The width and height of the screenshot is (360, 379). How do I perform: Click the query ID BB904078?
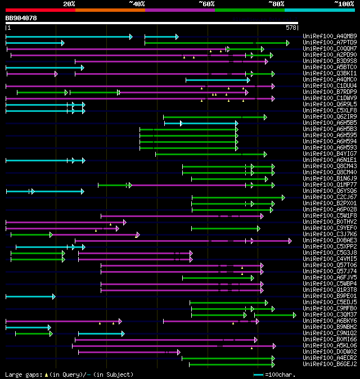coord(21,18)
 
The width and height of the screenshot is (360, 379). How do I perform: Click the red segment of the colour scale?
coord(40,10)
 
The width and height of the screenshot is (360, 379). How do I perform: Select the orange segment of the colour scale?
coord(110,10)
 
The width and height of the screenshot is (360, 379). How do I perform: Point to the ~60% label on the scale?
coord(206,4)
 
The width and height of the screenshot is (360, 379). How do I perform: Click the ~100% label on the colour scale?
coord(344,4)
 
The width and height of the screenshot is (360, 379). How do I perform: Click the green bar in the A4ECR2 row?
coord(228,358)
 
